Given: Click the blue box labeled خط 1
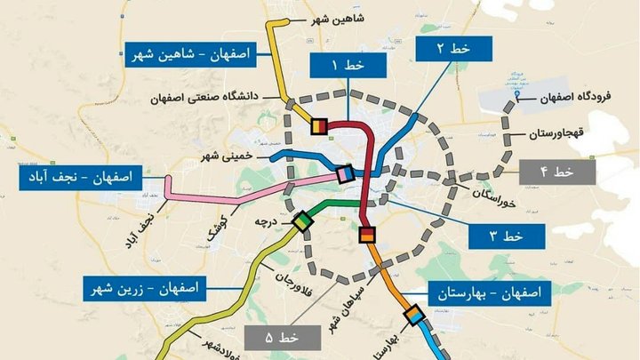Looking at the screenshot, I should pos(348,66).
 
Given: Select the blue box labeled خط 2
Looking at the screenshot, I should pos(452,49).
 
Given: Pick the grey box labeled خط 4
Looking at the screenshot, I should pos(556,171).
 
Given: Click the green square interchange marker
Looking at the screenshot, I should pos(302,220).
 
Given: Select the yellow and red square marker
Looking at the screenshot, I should pos(317,126).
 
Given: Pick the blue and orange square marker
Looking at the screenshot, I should pos(413,316).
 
